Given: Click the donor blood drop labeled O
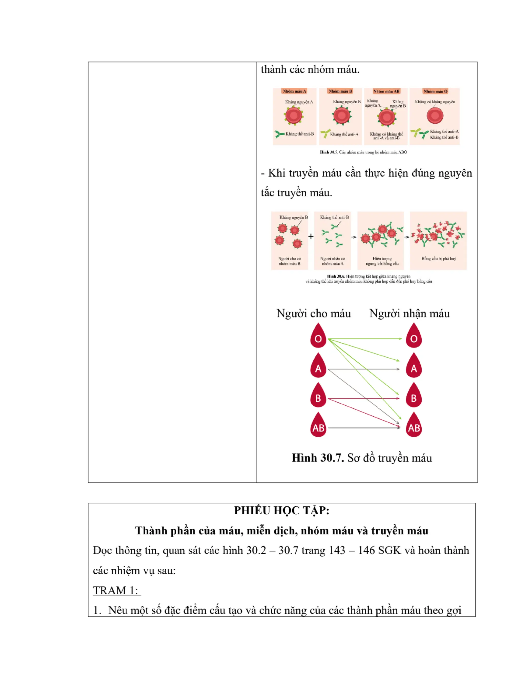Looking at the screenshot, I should coord(318,336).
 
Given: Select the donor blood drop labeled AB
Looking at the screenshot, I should coord(318,425).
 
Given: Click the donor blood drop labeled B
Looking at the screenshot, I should coord(318,396).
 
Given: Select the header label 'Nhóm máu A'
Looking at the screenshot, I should coord(294,91).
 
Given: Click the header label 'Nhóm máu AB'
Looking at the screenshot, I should coord(386,91).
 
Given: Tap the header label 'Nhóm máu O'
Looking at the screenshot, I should coord(435,91).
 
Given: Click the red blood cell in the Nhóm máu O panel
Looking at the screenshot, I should coord(435,116).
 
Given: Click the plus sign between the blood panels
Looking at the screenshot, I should coord(311,236).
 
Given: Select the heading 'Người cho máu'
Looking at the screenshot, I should coord(314,313).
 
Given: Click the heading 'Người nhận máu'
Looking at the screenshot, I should coord(409,313).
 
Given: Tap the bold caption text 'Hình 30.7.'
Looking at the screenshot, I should coord(318,458).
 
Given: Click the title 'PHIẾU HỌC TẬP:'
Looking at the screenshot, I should coord(281,510).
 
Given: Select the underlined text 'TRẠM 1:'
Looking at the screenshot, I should coord(117,590).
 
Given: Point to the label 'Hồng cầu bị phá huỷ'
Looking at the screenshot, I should coord(439,259).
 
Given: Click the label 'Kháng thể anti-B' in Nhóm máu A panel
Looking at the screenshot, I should coord(299,134).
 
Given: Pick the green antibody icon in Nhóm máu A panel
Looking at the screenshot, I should coord(279,134).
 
